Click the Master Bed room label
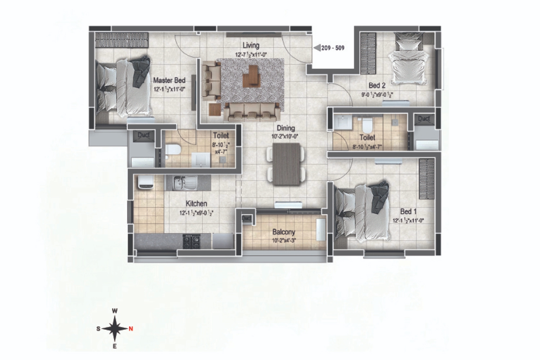(169, 80)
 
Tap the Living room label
(251, 45)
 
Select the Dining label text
(285, 128)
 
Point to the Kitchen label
(196, 204)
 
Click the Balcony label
(284, 232)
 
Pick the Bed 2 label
(377, 86)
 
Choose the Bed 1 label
(408, 212)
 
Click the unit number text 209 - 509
(333, 48)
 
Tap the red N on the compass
(131, 329)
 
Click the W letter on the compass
(115, 311)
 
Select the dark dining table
(286, 164)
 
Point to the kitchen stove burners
(192, 241)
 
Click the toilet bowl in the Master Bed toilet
(172, 150)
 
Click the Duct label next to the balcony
(246, 219)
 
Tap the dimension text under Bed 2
(377, 95)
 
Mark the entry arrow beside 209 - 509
(317, 48)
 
